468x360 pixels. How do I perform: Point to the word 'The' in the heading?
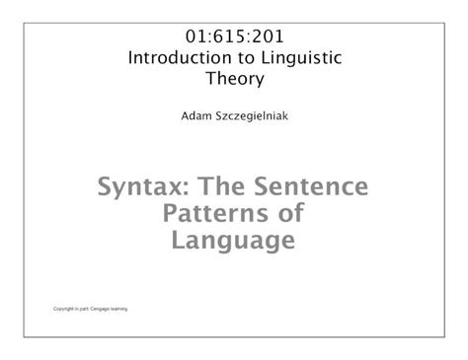click(219, 186)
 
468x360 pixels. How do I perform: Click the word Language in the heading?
click(233, 242)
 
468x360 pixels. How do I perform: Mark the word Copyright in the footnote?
click(64, 310)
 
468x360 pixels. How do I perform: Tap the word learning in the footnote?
click(131, 310)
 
